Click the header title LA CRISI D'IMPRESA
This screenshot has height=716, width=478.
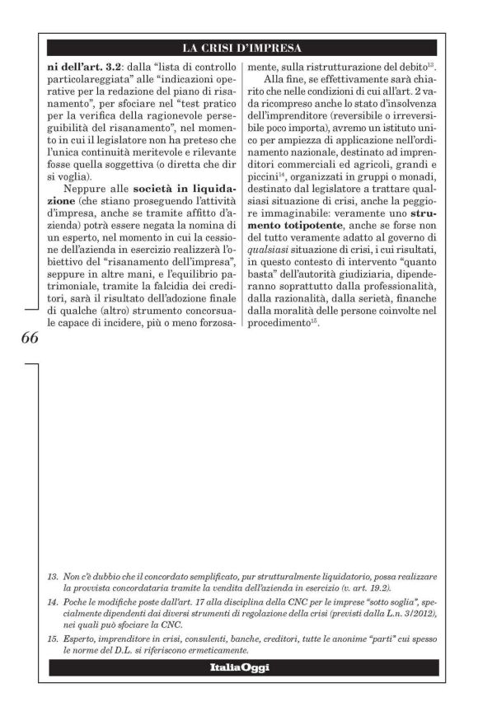(x=242, y=47)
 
